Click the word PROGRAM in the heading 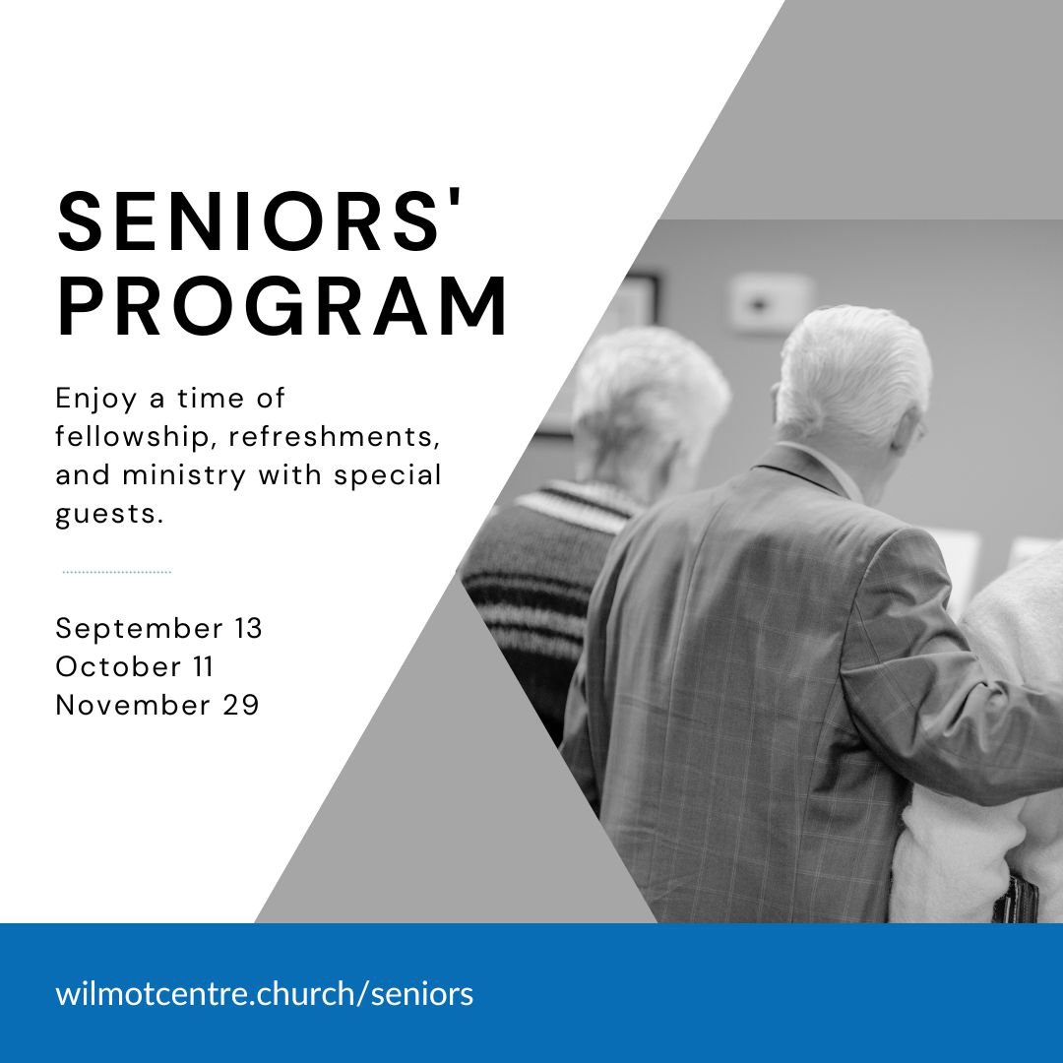point(282,306)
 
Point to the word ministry point(184,476)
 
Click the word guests point(109,514)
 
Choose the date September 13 point(158,628)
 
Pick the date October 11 point(134,666)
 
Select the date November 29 point(157,705)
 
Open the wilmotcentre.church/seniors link point(265,994)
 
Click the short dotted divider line point(116,572)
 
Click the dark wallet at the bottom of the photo point(1015,899)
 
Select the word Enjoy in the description point(95,399)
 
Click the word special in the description point(388,476)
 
